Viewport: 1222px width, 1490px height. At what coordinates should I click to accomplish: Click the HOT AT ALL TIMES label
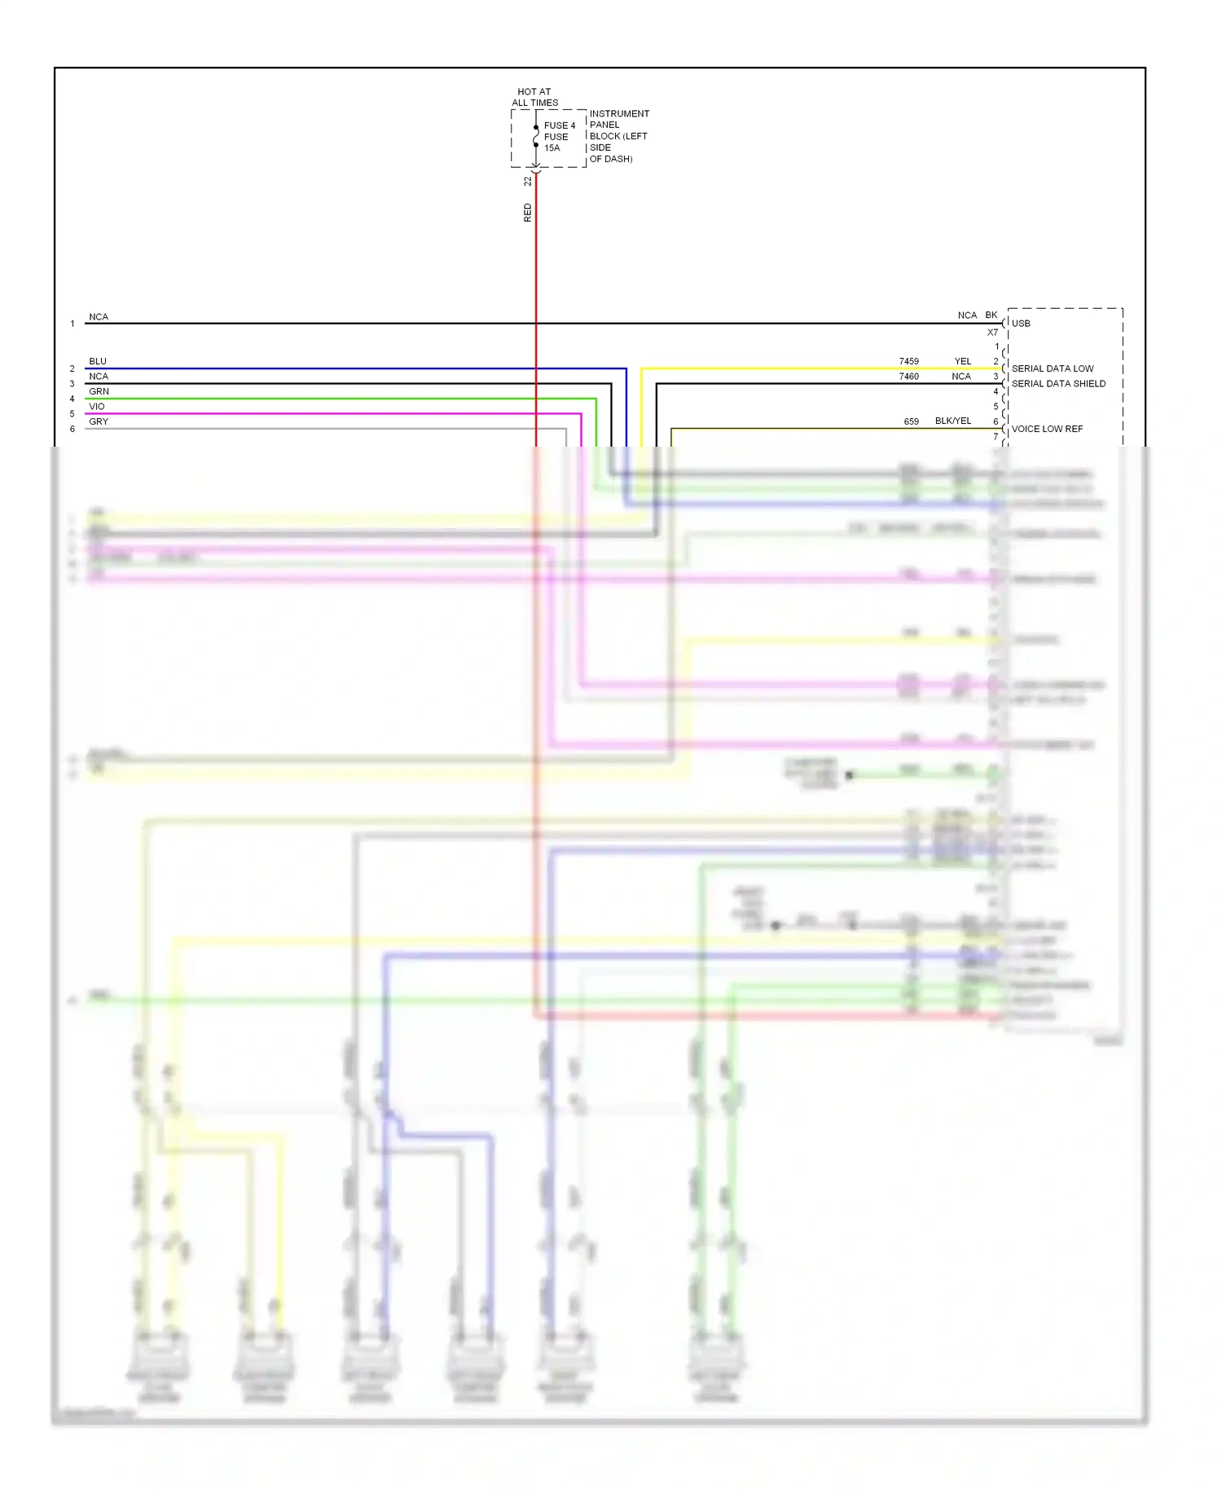pyautogui.click(x=534, y=97)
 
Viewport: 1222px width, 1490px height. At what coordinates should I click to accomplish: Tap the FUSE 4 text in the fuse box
pyautogui.click(x=560, y=126)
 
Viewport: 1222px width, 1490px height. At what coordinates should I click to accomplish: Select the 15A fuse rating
pyautogui.click(x=552, y=148)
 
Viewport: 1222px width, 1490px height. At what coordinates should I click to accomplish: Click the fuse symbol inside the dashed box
pyautogui.click(x=536, y=137)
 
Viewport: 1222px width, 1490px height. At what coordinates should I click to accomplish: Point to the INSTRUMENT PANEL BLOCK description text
pyautogui.click(x=618, y=136)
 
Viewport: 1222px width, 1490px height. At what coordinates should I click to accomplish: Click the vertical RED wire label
pyautogui.click(x=527, y=213)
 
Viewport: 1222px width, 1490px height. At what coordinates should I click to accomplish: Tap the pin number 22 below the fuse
pyautogui.click(x=527, y=181)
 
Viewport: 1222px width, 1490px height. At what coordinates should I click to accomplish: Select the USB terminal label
pyautogui.click(x=1021, y=324)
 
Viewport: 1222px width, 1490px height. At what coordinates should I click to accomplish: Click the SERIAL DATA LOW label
pyautogui.click(x=1053, y=368)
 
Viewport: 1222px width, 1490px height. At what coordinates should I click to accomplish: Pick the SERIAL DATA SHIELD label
pyautogui.click(x=1058, y=384)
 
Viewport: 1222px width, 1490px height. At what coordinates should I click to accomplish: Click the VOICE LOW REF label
pyautogui.click(x=1047, y=429)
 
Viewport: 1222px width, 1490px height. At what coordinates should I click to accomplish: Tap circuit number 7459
pyautogui.click(x=908, y=361)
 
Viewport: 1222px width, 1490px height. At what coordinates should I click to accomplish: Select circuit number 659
pyautogui.click(x=911, y=421)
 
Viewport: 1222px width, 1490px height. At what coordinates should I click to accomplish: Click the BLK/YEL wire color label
pyautogui.click(x=952, y=421)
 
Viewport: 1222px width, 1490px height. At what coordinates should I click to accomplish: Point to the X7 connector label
pyautogui.click(x=992, y=333)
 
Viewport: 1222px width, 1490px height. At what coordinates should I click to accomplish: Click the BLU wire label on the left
pyautogui.click(x=98, y=361)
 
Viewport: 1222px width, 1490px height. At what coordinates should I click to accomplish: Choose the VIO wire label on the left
pyautogui.click(x=97, y=407)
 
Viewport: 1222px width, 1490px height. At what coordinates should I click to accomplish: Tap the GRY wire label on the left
pyautogui.click(x=99, y=421)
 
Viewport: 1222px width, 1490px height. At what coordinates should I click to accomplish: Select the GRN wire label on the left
pyautogui.click(x=99, y=391)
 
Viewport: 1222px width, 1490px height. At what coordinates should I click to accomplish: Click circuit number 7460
pyautogui.click(x=908, y=377)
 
